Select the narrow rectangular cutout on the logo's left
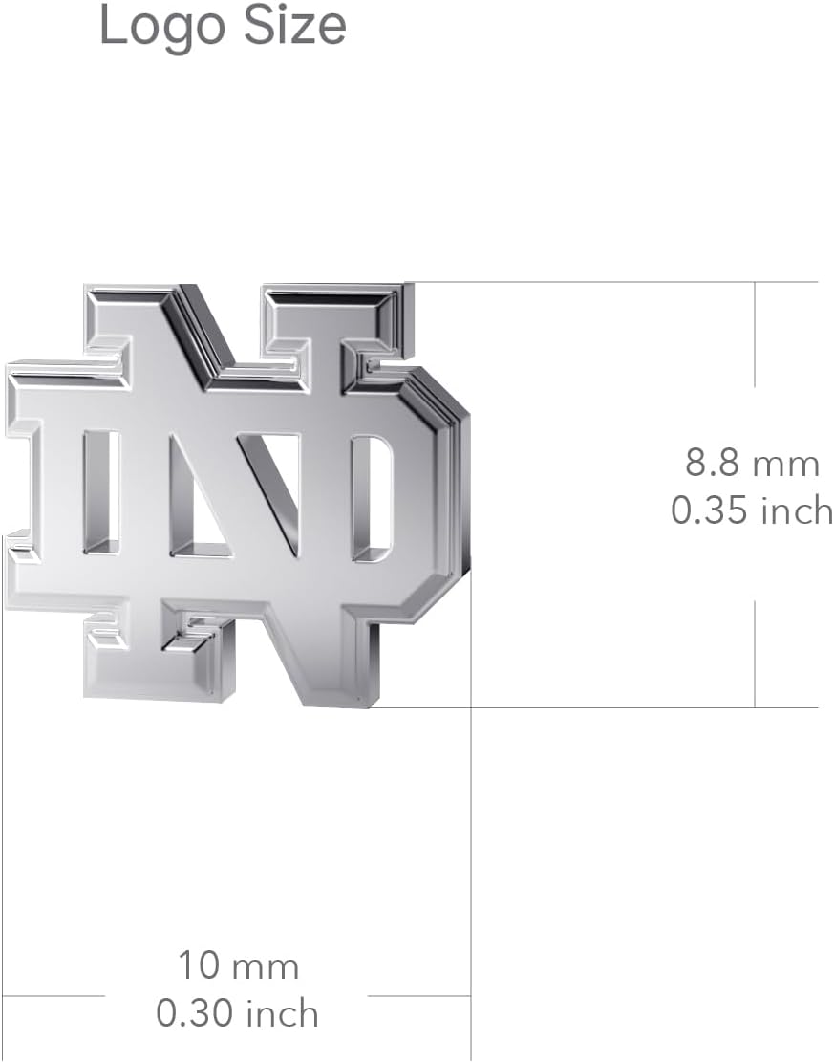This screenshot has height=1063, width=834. pos(100,492)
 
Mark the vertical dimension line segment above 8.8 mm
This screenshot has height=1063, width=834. pos(755,335)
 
